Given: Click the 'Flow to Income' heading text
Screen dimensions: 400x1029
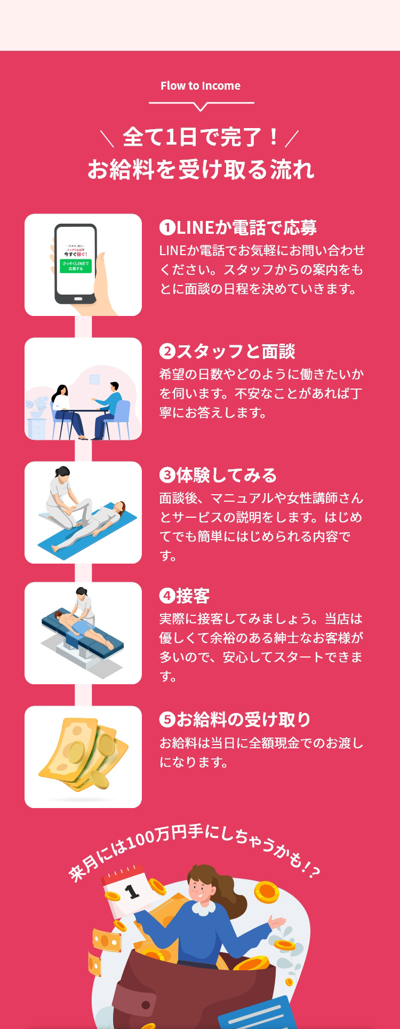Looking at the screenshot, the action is (201, 86).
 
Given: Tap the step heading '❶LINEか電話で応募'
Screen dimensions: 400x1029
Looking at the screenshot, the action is (238, 228).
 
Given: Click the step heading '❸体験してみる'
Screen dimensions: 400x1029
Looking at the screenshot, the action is (218, 476).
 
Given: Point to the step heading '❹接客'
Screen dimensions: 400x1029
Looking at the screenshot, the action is (185, 596).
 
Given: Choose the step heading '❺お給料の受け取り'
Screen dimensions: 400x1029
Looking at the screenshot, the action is (235, 720).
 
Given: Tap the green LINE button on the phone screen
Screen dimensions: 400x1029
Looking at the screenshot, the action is (76, 266).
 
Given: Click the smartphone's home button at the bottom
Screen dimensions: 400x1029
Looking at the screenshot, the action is (76, 299).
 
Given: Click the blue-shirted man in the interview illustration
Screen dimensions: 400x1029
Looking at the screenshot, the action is (109, 408).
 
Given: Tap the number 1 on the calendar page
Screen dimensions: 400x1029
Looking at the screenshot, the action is (131, 891).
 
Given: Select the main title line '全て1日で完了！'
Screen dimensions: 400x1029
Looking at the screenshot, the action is (201, 137).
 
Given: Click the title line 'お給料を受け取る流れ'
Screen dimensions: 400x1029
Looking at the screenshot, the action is (201, 169).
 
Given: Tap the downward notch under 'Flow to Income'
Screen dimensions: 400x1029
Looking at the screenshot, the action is (201, 107).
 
